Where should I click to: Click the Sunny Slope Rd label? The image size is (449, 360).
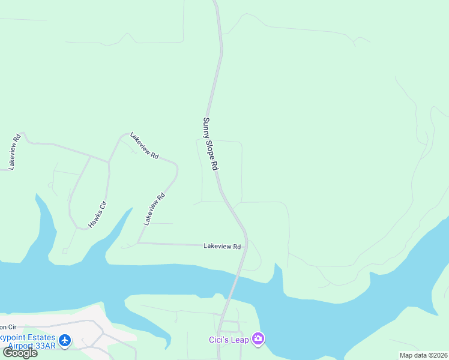pyautogui.click(x=209, y=144)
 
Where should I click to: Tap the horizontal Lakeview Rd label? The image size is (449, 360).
pyautogui.click(x=222, y=246)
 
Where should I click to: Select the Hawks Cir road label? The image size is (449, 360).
pyautogui.click(x=97, y=214)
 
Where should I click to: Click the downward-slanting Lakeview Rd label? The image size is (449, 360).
pyautogui.click(x=144, y=146)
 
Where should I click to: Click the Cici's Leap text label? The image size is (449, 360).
pyautogui.click(x=229, y=339)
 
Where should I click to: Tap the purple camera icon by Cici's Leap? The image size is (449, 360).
pyautogui.click(x=258, y=339)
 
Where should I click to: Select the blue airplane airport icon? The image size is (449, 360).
pyautogui.click(x=65, y=341)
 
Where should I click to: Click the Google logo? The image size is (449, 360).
pyautogui.click(x=20, y=353)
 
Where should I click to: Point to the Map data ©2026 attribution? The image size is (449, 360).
pyautogui.click(x=423, y=355)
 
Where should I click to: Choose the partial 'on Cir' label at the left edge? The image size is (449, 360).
pyautogui.click(x=8, y=327)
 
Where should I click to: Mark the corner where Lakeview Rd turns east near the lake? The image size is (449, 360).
pyautogui.click(x=138, y=243)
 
